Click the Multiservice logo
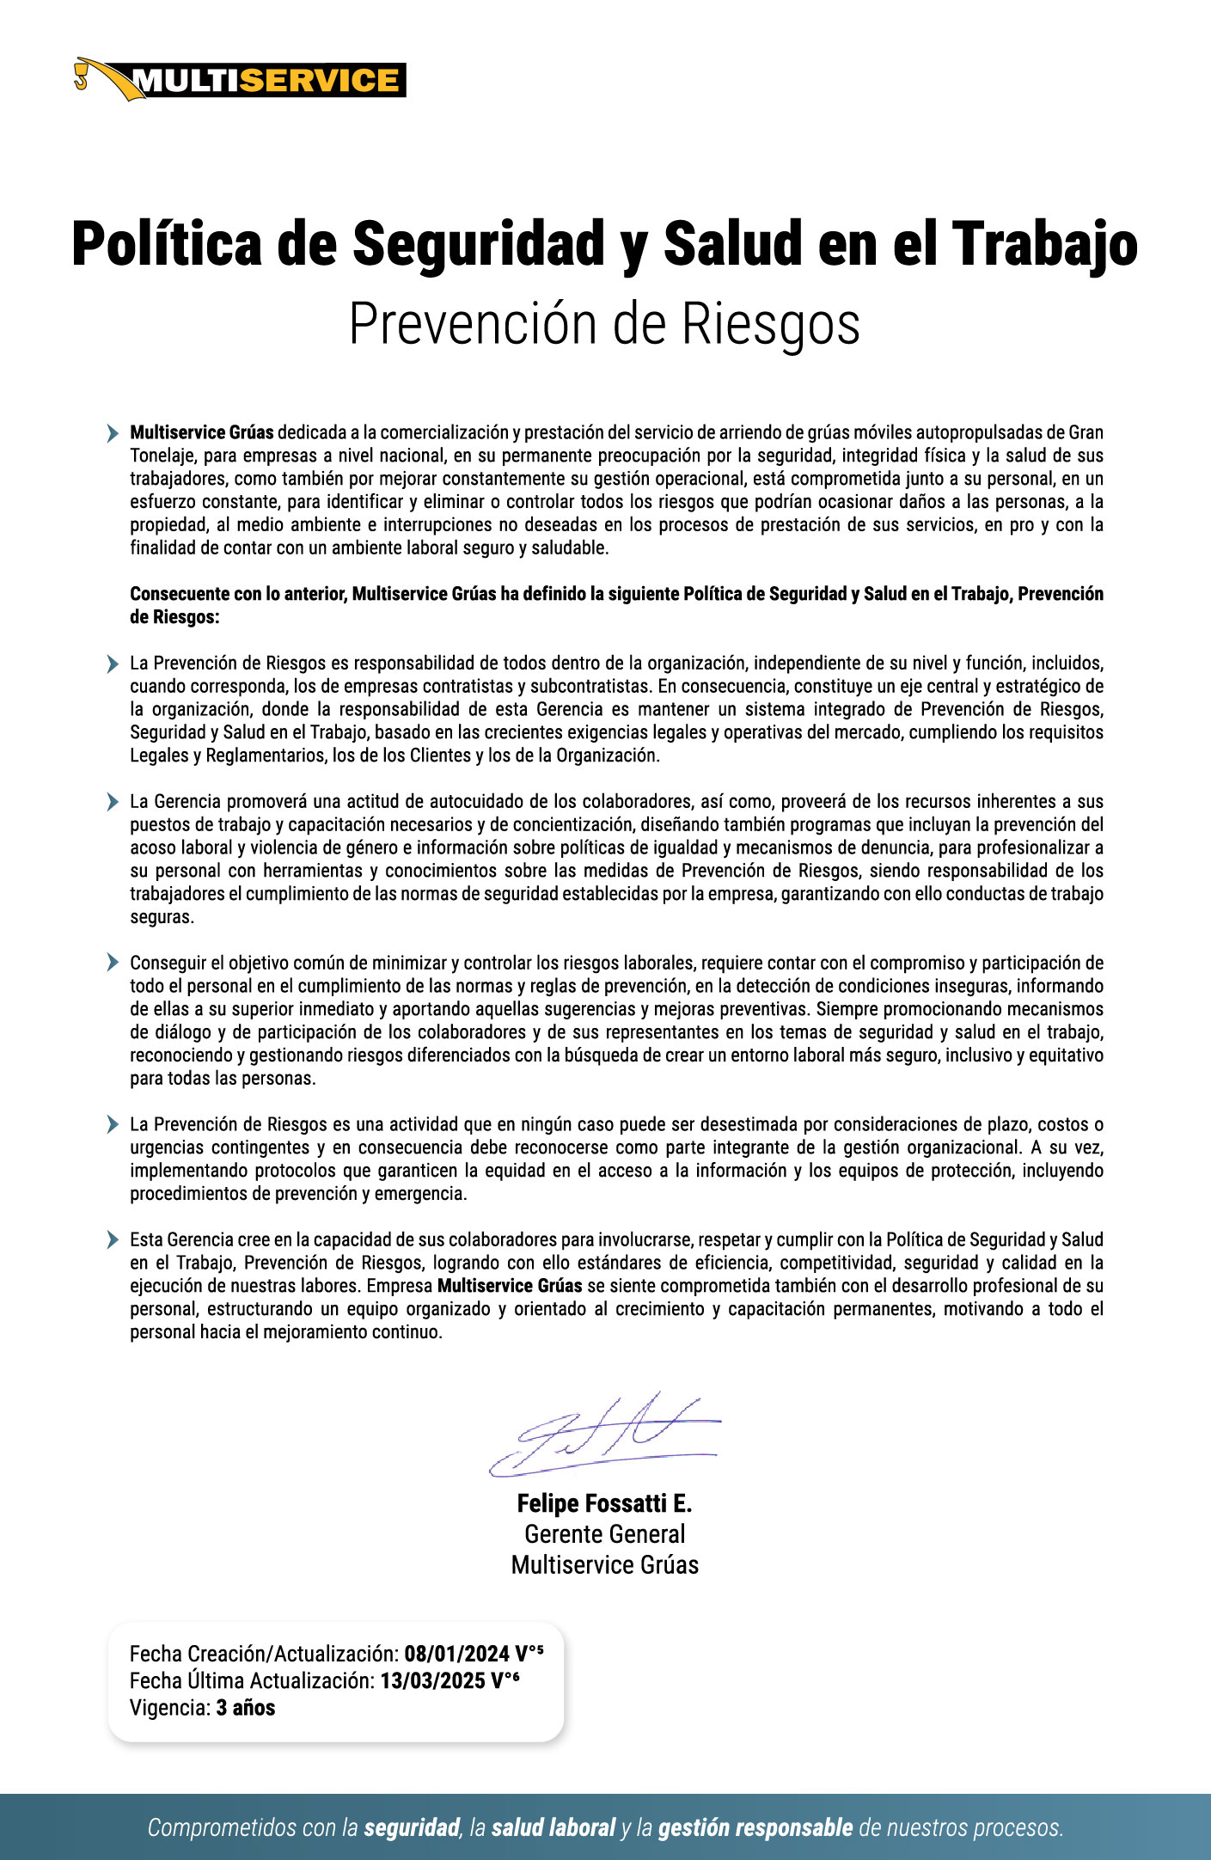[241, 80]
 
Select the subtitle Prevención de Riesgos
[604, 324]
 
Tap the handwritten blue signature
[604, 1435]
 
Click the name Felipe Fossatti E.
[604, 1503]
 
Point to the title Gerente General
[604, 1533]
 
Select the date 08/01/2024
[456, 1654]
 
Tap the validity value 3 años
[245, 1707]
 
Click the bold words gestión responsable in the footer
[755, 1827]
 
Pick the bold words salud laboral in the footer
[554, 1827]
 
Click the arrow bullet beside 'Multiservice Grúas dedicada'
[113, 433]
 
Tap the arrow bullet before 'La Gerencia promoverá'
[113, 802]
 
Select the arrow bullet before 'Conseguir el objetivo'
[113, 963]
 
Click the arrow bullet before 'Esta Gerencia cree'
[113, 1239]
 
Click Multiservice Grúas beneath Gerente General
[604, 1564]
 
